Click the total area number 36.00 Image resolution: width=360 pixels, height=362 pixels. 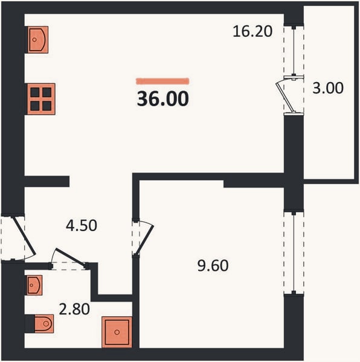163,99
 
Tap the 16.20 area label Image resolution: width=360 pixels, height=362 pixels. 252,31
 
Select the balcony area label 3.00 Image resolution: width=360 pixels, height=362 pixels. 328,88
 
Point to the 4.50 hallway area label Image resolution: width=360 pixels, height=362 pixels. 82,226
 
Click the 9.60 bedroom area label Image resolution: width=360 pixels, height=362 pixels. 213,265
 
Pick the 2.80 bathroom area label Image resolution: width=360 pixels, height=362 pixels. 74,309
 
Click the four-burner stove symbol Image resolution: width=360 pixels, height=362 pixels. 41,99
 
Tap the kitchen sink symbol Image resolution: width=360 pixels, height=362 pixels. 38,39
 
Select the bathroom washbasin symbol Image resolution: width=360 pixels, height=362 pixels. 34,285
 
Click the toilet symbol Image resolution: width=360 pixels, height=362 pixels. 44,323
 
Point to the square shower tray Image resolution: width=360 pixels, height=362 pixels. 117,332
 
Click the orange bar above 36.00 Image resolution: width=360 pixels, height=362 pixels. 162,81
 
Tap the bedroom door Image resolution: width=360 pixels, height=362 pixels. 144,240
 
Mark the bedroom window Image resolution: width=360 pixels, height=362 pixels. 294,253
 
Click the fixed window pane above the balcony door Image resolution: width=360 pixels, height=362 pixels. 294,51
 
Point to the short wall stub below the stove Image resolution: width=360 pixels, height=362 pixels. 47,182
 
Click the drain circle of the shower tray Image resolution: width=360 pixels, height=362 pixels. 117,332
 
